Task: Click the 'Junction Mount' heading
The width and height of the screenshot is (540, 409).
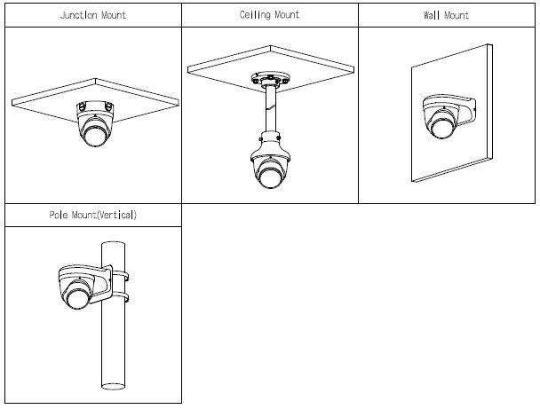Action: coord(91,16)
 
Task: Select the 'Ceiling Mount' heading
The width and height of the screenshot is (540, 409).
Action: coord(269,16)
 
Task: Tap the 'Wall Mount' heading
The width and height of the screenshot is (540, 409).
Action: coord(447,16)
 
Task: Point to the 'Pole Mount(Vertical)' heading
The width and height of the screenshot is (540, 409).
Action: coord(92,215)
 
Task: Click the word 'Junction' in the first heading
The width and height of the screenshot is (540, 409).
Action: coord(79,16)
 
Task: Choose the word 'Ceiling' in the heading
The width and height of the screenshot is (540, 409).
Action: coord(257,16)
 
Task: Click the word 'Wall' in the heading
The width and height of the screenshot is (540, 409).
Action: coord(433,16)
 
